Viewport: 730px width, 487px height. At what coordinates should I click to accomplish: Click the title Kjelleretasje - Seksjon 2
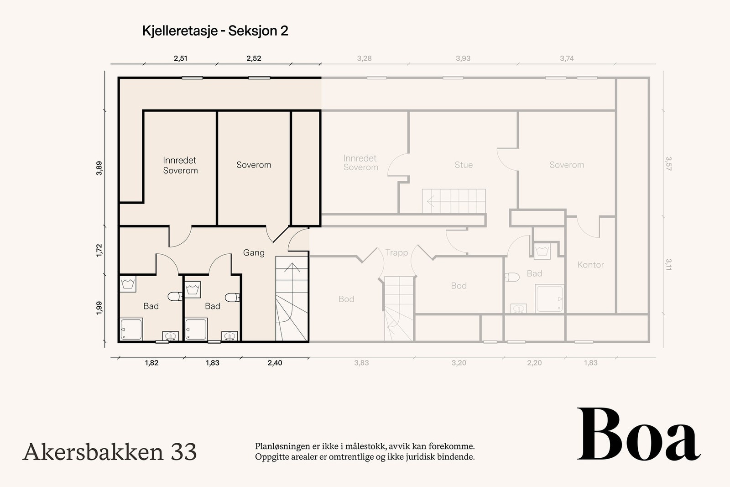pyautogui.click(x=215, y=31)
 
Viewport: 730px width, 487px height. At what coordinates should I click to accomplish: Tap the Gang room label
pyautogui.click(x=254, y=252)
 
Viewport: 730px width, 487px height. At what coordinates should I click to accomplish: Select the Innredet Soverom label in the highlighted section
pyautogui.click(x=180, y=165)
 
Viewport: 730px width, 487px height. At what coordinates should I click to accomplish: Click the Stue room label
pyautogui.click(x=464, y=165)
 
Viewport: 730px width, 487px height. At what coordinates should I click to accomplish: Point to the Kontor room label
pyautogui.click(x=590, y=265)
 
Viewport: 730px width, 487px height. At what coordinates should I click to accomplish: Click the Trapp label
pyautogui.click(x=396, y=252)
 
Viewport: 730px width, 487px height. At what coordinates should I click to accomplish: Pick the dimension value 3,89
pyautogui.click(x=99, y=168)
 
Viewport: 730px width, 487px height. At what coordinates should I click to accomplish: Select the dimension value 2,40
pyautogui.click(x=275, y=363)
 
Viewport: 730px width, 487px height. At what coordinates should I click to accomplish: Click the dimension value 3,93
pyautogui.click(x=463, y=58)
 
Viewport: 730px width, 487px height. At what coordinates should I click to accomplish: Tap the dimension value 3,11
pyautogui.click(x=668, y=265)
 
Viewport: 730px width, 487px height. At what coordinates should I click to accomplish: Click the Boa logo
pyautogui.click(x=638, y=435)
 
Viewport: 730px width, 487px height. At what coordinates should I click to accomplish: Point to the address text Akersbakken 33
pyautogui.click(x=109, y=452)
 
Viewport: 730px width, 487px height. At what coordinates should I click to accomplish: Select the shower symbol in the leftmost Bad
pyautogui.click(x=131, y=329)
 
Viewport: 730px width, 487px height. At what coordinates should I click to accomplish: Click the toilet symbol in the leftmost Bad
pyautogui.click(x=175, y=297)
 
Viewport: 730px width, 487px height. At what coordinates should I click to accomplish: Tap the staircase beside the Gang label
pyautogui.click(x=292, y=299)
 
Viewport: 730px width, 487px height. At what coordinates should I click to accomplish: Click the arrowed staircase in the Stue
pyautogui.click(x=454, y=201)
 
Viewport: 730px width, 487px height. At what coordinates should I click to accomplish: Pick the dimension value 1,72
pyautogui.click(x=99, y=250)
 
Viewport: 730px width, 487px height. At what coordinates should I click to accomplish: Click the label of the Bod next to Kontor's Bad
pyautogui.click(x=459, y=286)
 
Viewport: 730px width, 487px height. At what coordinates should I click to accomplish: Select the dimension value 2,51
pyautogui.click(x=180, y=58)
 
